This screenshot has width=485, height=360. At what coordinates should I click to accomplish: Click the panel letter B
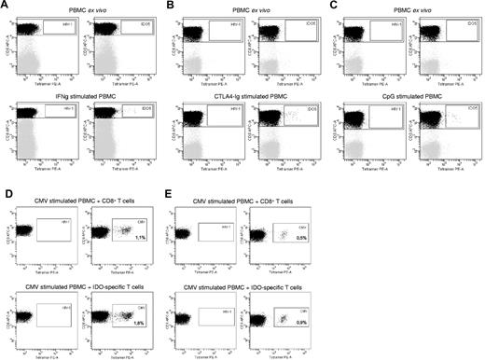[169, 7]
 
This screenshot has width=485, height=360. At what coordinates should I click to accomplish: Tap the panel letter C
[327, 7]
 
